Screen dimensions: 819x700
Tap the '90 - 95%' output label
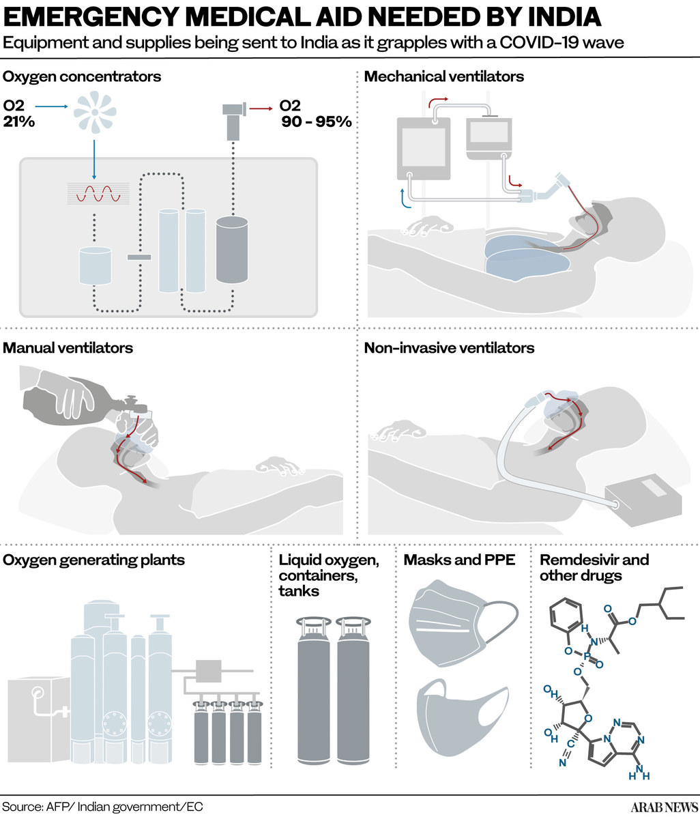point(317,123)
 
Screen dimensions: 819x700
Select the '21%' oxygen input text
point(18,122)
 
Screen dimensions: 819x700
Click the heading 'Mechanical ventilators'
point(443,76)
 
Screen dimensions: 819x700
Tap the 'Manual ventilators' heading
point(68,348)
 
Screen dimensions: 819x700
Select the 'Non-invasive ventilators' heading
point(449,348)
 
